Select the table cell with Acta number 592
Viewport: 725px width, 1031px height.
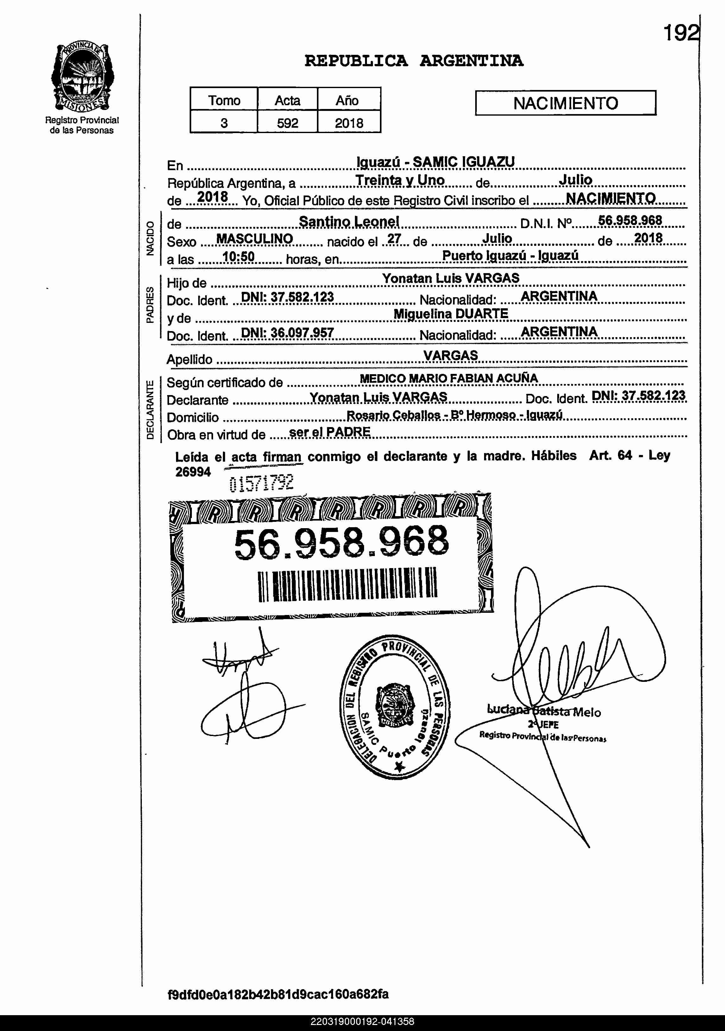click(x=287, y=123)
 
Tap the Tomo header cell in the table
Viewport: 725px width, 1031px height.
click(x=224, y=100)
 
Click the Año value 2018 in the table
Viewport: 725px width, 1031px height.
click(x=349, y=123)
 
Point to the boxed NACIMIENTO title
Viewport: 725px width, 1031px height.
click(x=565, y=103)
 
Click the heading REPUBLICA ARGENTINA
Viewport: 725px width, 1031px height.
click(x=414, y=61)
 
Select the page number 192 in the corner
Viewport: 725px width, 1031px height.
click(x=681, y=33)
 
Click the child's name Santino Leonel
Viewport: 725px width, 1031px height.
click(x=349, y=221)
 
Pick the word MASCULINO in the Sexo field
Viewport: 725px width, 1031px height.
click(x=254, y=239)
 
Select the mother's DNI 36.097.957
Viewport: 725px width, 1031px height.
click(x=287, y=332)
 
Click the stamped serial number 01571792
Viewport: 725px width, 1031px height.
click(x=261, y=483)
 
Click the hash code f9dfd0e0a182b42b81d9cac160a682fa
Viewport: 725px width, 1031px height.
click(x=278, y=994)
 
